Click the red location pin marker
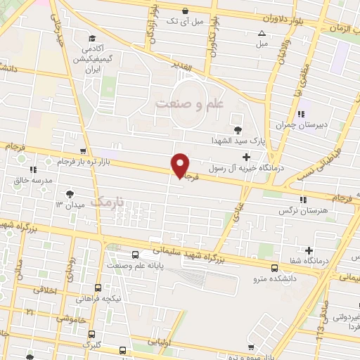pyautogui.click(x=181, y=165)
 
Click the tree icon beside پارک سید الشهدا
pyautogui.click(x=238, y=129)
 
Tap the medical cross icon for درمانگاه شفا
pyautogui.click(x=309, y=250)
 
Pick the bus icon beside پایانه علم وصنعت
pyautogui.click(x=135, y=255)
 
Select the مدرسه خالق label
pyautogui.click(x=34, y=181)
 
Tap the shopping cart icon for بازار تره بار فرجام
pyautogui.click(x=84, y=151)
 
